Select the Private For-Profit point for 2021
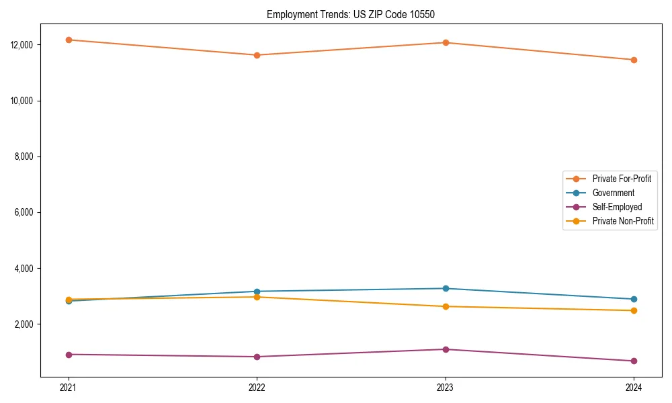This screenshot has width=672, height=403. pyautogui.click(x=69, y=40)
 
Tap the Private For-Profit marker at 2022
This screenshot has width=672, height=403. pyautogui.click(x=257, y=55)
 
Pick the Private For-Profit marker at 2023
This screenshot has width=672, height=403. pyautogui.click(x=446, y=42)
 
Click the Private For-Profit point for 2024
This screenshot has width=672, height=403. pyautogui.click(x=634, y=60)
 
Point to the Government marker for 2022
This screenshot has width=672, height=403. pyautogui.click(x=257, y=292)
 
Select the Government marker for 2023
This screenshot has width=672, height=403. pyautogui.click(x=446, y=288)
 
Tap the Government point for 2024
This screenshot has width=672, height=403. pyautogui.click(x=634, y=299)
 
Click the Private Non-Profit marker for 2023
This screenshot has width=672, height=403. pyautogui.click(x=446, y=306)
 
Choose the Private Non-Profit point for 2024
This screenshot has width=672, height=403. pyautogui.click(x=634, y=310)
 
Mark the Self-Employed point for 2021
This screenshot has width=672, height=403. pyautogui.click(x=69, y=354)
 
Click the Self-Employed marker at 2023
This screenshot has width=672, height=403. pyautogui.click(x=446, y=349)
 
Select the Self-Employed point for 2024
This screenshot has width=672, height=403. pyautogui.click(x=634, y=361)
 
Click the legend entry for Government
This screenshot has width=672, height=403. pyautogui.click(x=613, y=193)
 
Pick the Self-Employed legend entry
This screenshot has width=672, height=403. pyautogui.click(x=617, y=207)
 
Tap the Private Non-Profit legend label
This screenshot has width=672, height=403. pyautogui.click(x=623, y=221)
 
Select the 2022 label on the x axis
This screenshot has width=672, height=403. pyautogui.click(x=257, y=387)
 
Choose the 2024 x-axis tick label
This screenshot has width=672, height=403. pyautogui.click(x=634, y=387)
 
